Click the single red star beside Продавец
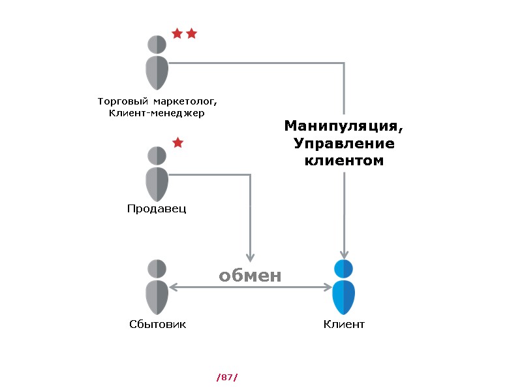click(177, 142)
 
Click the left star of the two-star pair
click(177, 33)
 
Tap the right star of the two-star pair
click(191, 33)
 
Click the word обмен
click(250, 276)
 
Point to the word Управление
click(343, 142)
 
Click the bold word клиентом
click(343, 159)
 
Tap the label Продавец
click(157, 209)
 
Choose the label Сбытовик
click(157, 324)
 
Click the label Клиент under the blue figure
click(344, 324)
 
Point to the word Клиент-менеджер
click(157, 114)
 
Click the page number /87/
click(227, 377)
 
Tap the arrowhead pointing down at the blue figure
click(344, 254)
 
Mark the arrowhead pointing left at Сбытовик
click(173, 287)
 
